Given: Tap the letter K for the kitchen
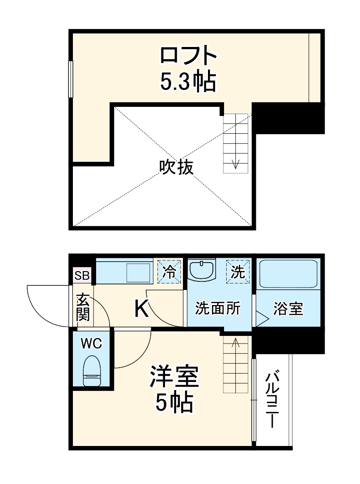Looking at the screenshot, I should tap(142, 309).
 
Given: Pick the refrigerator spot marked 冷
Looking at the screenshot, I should tap(169, 272).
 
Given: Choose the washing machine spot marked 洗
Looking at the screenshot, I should tap(237, 271).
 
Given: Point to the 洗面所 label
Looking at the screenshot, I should tap(218, 309).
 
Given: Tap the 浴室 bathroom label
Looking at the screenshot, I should tap(288, 309).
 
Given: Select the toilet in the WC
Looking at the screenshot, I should tap(93, 371).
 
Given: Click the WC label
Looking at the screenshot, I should tap(92, 344).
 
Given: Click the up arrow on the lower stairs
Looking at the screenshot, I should tap(235, 344).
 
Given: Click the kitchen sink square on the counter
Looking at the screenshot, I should tap(139, 272).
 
